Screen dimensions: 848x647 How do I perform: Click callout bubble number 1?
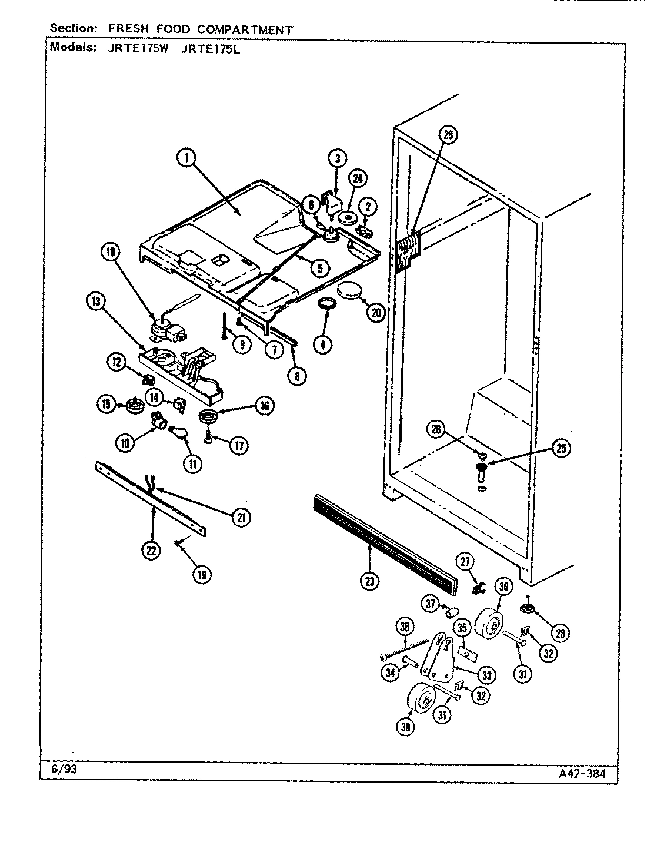pos(186,158)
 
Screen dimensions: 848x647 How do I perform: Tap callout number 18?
pos(111,252)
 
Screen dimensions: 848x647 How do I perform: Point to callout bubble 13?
pos(95,302)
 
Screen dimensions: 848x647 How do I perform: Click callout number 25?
pos(561,449)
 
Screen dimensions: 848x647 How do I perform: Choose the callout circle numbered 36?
pos(404,627)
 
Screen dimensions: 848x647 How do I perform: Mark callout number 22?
pos(152,551)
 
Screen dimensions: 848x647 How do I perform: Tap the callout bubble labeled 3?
pos(337,158)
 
